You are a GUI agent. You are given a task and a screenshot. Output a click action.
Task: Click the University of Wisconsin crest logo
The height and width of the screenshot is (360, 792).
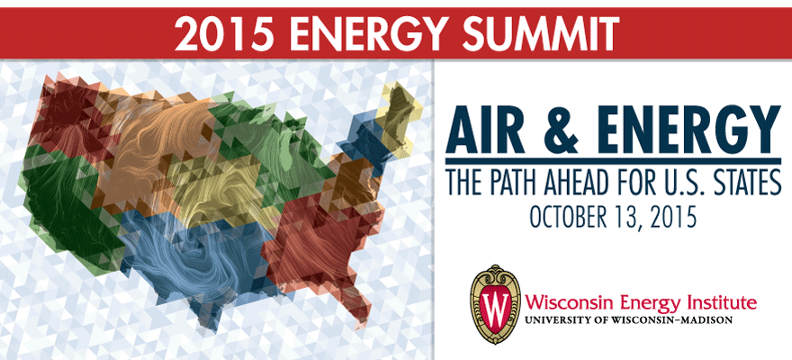[495, 304]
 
